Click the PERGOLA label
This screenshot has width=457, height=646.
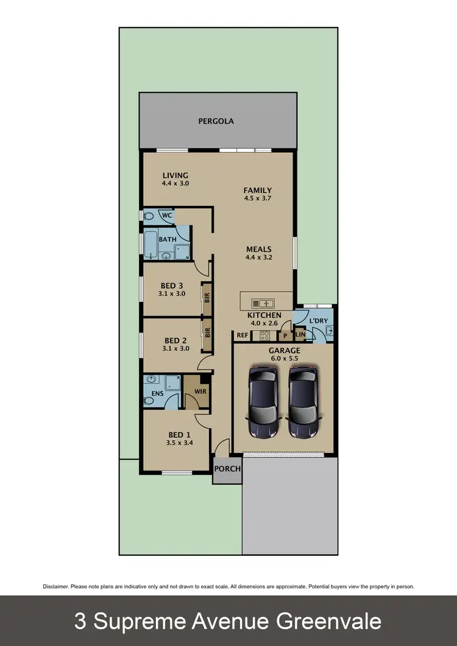coord(216,121)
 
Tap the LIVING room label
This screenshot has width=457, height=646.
coord(175,175)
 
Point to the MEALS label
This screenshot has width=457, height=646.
coord(259,249)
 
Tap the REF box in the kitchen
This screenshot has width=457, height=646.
coord(242,335)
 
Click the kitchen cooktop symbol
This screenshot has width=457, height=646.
coord(265,335)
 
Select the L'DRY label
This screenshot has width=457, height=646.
coord(319,320)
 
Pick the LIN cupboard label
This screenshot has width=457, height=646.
coord(300,335)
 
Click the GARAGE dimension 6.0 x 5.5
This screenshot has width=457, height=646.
coord(285,359)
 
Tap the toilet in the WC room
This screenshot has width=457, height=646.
coord(148,216)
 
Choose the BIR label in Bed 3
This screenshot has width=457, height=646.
coord(208,298)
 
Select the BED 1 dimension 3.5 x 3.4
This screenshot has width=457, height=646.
coord(180,443)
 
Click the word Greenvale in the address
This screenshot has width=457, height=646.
coord(329,621)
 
